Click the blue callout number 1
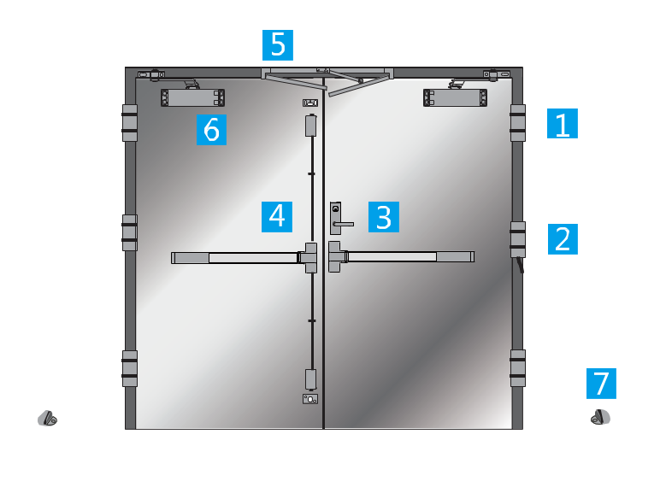(562, 124)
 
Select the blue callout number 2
(563, 239)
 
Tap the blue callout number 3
(384, 217)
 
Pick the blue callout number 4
(277, 217)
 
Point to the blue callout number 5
(278, 45)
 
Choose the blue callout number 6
(211, 130)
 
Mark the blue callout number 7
(601, 384)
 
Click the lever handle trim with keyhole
(336, 218)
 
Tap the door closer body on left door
(192, 97)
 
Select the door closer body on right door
(456, 97)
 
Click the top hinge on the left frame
(130, 123)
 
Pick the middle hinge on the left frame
(130, 232)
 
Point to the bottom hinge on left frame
(130, 368)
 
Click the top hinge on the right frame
(518, 123)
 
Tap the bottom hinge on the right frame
(518, 368)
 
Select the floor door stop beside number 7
(600, 417)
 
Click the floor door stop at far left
(47, 418)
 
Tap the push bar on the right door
(401, 256)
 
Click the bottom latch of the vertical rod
(310, 379)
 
